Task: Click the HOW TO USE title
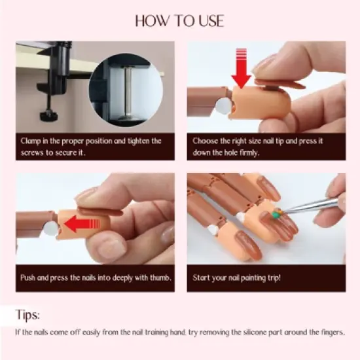coord(179,21)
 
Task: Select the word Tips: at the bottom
coord(30,315)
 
